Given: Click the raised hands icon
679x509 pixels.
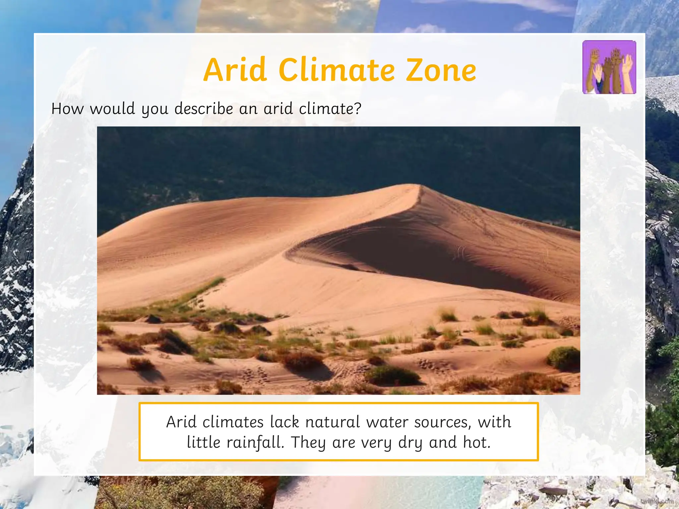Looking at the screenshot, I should tap(609, 67).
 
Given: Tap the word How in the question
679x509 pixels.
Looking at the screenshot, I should tap(67, 109).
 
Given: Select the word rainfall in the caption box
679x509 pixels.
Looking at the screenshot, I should tap(255, 442).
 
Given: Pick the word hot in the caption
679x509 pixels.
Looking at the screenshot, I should tap(476, 442).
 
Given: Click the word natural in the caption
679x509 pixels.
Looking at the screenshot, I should tap(332, 422).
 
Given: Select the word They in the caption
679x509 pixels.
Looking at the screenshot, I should tap(308, 443).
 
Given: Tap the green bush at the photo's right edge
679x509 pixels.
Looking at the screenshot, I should tap(563, 358).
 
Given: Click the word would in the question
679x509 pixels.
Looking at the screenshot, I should tap(112, 109).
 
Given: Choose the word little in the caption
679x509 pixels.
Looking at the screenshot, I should tap(203, 442).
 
